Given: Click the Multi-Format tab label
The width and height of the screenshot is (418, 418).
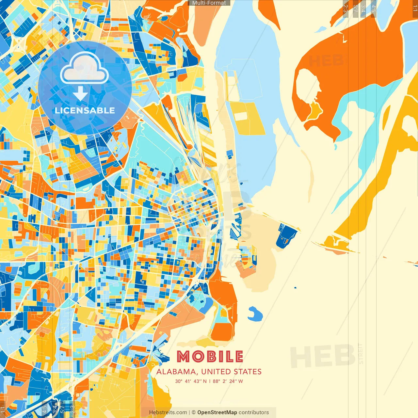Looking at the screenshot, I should click(x=209, y=3).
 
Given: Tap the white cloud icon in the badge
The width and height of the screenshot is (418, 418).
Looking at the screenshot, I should click(x=84, y=69).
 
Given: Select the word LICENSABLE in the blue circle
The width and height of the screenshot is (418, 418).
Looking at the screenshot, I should click(x=85, y=110).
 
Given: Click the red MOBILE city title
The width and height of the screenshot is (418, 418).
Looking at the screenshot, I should click(x=210, y=357).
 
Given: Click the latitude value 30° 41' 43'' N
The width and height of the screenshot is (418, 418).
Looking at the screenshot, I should click(x=191, y=381).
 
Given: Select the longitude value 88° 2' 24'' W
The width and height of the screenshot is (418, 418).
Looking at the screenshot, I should click(x=228, y=381).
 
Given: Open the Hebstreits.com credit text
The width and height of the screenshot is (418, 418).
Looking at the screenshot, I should click(x=168, y=412).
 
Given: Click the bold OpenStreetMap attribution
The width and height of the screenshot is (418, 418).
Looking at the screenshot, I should click(x=217, y=412).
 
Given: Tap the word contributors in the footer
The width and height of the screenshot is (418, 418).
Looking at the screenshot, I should click(x=254, y=412).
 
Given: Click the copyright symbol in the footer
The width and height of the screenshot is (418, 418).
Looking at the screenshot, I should click(x=193, y=412).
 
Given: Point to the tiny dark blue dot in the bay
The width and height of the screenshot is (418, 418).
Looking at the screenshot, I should click(x=295, y=288).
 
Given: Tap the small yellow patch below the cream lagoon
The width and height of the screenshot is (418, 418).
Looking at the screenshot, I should click(x=314, y=110).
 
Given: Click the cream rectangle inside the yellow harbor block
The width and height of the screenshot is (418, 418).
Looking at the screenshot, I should click(x=240, y=116).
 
